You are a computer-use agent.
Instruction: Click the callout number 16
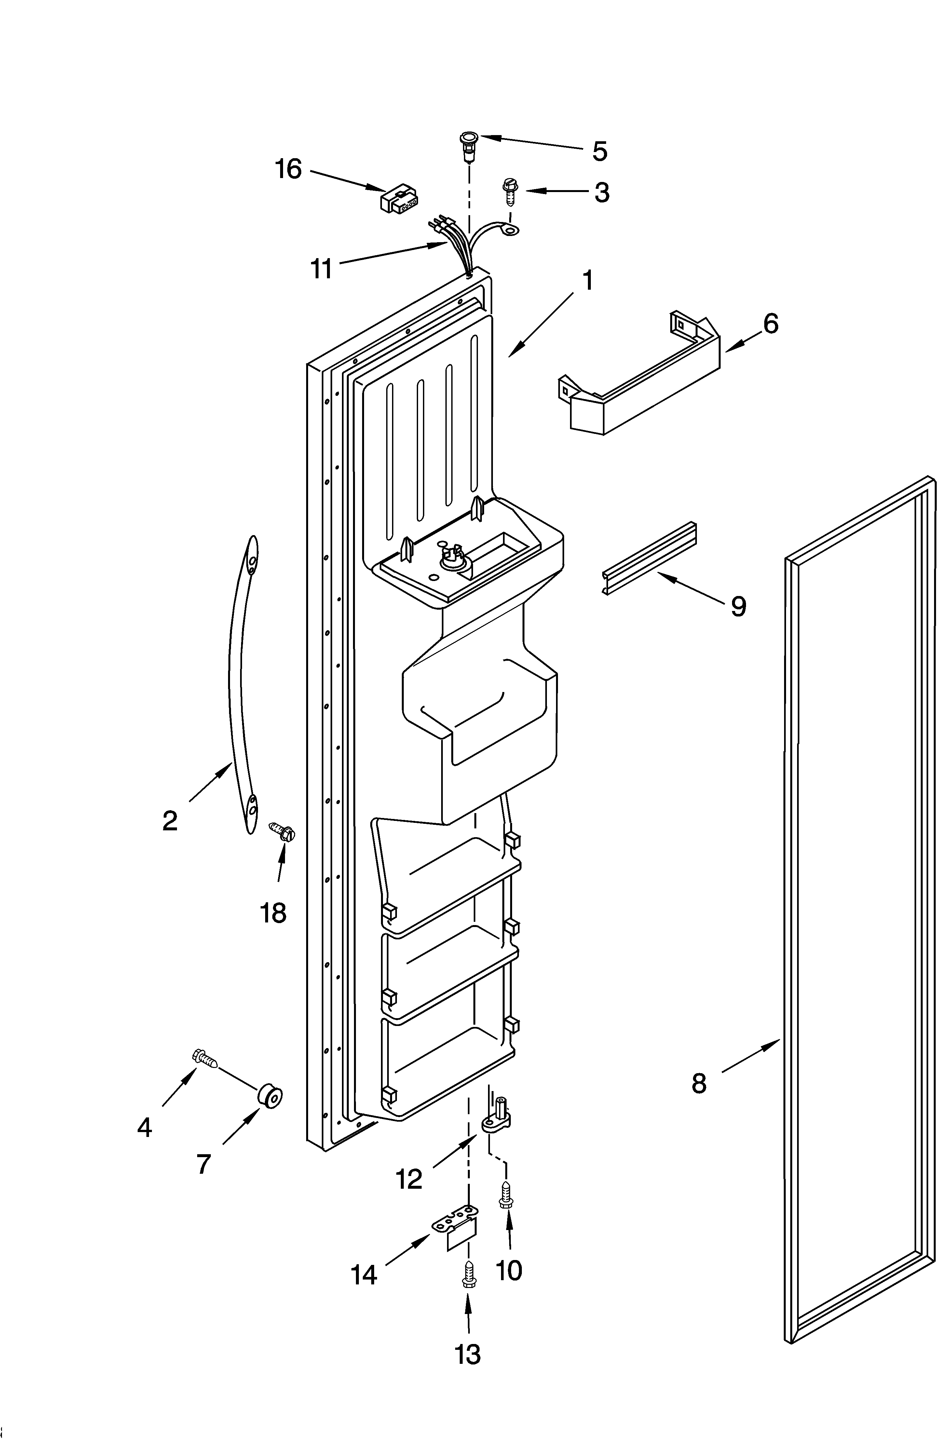point(289,169)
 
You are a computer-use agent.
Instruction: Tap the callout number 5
point(599,151)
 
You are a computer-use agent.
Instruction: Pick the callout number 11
point(321,268)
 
